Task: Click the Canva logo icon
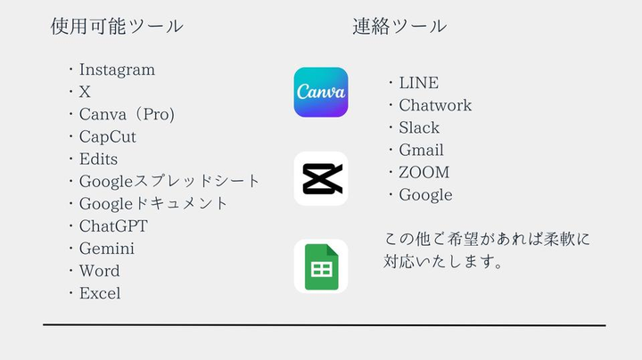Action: tap(321, 93)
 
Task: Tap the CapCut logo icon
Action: tap(321, 179)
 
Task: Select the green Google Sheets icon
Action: tap(321, 266)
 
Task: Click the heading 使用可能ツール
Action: tap(117, 26)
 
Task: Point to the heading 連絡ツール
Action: tap(399, 26)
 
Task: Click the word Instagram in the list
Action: tap(117, 70)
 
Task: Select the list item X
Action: tap(85, 92)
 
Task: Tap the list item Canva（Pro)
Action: tap(127, 114)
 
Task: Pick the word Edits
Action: tap(98, 159)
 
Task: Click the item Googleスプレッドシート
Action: tap(169, 181)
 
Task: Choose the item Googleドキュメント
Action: tap(153, 203)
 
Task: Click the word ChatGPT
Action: tap(113, 226)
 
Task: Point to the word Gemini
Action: tap(107, 249)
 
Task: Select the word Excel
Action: tap(100, 293)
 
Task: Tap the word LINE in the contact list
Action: tap(418, 83)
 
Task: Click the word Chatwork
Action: tap(435, 105)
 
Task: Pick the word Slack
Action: tap(419, 127)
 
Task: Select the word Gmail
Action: tap(421, 150)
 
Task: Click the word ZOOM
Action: tap(424, 172)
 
